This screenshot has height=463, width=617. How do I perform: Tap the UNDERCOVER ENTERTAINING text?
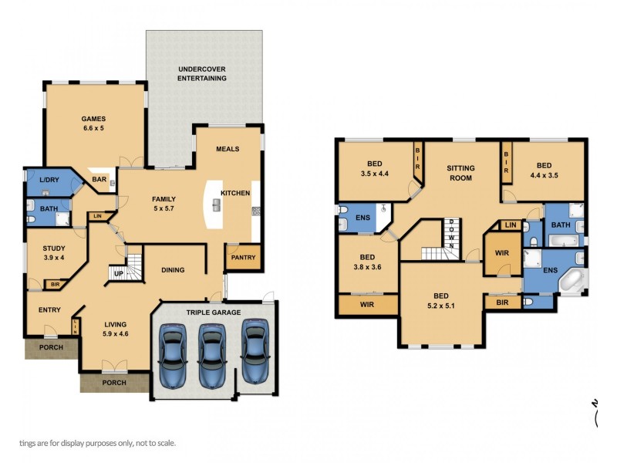coord(201,73)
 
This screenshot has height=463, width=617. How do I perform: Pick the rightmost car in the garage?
coord(255,351)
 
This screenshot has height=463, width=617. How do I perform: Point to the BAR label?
coord(99,180)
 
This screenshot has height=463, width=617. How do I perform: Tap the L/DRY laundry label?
coord(48,180)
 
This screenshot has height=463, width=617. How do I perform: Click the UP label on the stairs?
coord(119,274)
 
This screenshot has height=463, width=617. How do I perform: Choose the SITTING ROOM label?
coord(460,173)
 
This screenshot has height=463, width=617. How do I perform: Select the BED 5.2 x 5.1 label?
coord(440,300)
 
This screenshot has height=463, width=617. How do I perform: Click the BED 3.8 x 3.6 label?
coord(367,262)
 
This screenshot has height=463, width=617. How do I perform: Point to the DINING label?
coord(173,270)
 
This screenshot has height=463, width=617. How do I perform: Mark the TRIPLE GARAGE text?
coord(213,313)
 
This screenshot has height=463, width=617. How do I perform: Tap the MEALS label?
coord(228,149)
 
